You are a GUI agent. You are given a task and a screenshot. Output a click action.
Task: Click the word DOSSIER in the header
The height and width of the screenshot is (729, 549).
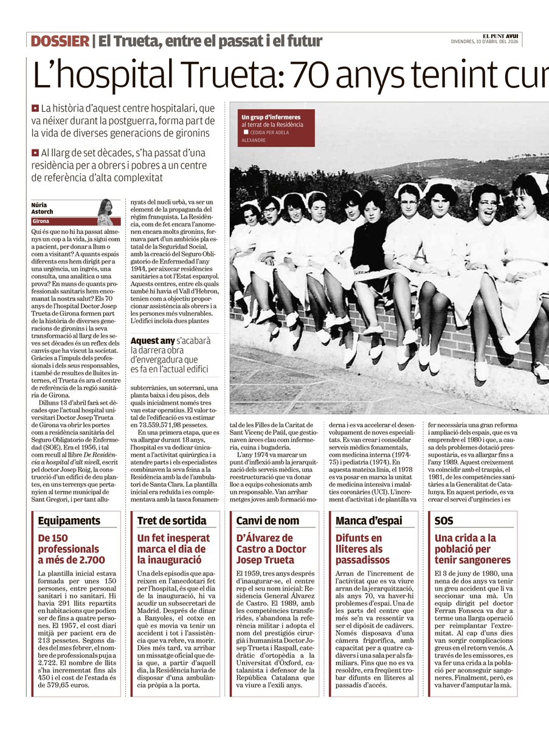coord(60,41)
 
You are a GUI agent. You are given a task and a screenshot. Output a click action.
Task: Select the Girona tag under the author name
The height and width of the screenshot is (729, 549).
coord(42,222)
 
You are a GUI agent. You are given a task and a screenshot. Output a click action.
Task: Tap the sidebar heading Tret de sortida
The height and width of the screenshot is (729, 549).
coord(164,521)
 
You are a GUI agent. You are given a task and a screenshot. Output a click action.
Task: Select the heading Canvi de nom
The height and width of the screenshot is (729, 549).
coord(260,521)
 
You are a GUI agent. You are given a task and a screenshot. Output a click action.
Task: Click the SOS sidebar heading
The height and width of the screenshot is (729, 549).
coord(444,521)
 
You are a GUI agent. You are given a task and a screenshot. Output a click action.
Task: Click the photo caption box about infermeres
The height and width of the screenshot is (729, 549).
coord(278,128)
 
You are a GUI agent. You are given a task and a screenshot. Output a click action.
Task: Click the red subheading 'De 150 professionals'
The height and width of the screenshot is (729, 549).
coord(71,549)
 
